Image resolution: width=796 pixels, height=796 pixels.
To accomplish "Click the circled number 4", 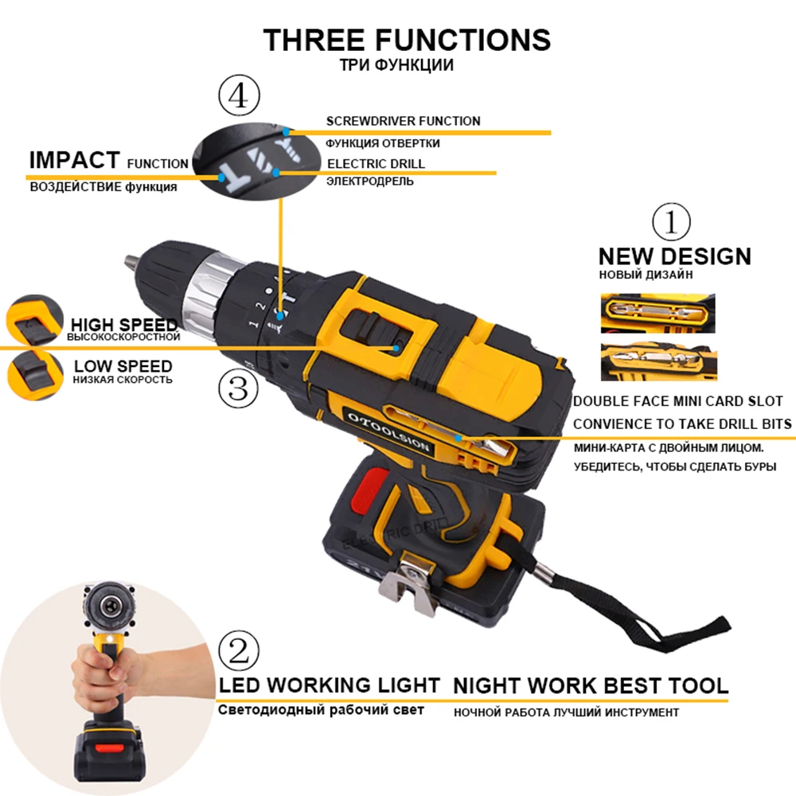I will [x=238, y=98].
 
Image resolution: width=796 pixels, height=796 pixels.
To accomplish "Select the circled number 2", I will [x=239, y=651].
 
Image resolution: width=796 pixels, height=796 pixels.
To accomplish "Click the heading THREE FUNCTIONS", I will [x=407, y=40].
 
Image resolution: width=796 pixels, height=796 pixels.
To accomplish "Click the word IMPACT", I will [x=74, y=160].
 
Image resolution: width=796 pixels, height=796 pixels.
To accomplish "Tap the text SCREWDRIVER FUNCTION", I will [x=403, y=121].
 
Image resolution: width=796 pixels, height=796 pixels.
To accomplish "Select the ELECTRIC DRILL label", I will [x=376, y=163].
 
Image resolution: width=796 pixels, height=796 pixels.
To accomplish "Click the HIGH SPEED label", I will [x=124, y=325].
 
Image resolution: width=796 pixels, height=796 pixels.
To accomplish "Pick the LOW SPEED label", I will [x=123, y=366].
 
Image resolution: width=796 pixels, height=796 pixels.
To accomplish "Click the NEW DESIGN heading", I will [x=674, y=256].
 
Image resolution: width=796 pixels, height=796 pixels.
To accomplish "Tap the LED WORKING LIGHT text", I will [x=329, y=685].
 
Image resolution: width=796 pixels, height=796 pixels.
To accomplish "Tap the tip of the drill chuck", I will [x=129, y=261].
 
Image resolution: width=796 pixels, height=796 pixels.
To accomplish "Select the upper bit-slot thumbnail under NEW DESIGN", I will [x=657, y=313].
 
